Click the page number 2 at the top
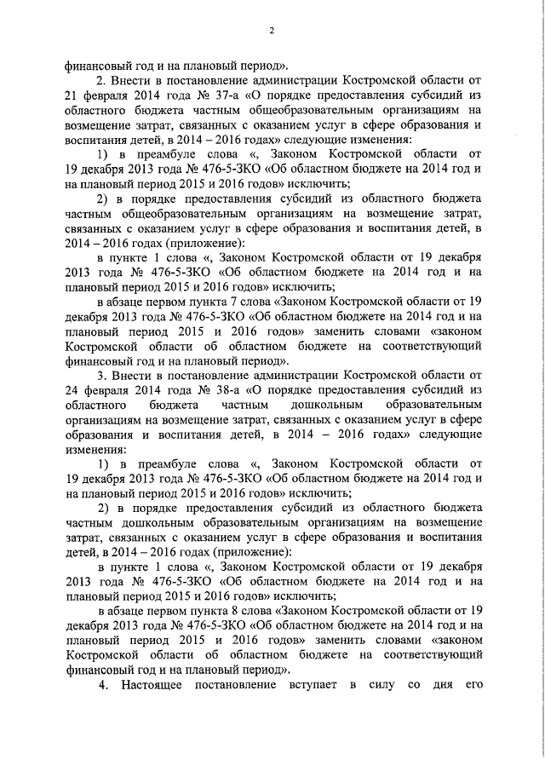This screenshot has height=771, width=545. click(x=272, y=32)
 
